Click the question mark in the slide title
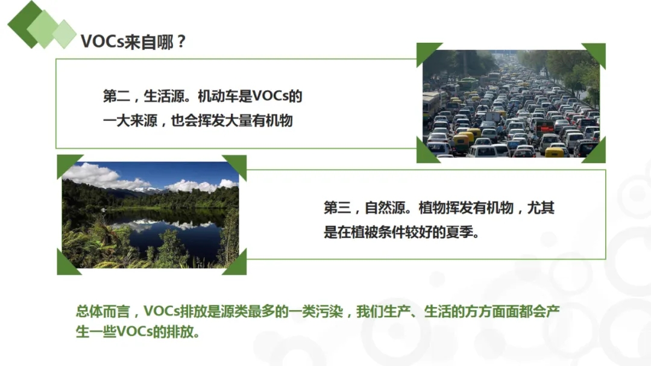pyautogui.click(x=181, y=42)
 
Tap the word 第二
pyautogui.click(x=116, y=96)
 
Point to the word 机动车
pyautogui.click(x=218, y=96)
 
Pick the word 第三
pyautogui.click(x=337, y=208)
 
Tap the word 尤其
pyautogui.click(x=541, y=208)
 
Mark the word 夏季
pyautogui.click(x=459, y=232)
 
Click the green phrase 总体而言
pyautogui.click(x=103, y=311)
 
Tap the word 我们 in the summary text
pyautogui.click(x=370, y=311)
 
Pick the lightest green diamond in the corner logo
pyautogui.click(x=64, y=34)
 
